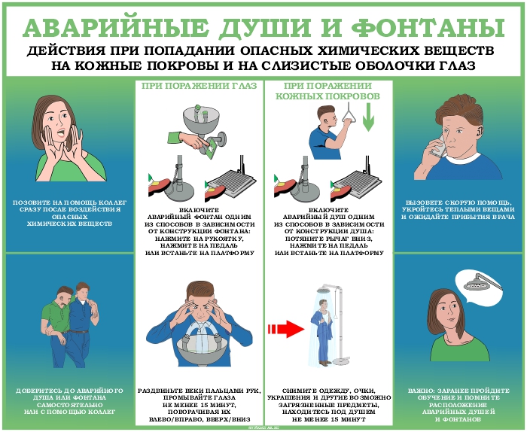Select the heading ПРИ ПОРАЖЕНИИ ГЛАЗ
click(200, 86)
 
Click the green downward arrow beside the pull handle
click(368, 117)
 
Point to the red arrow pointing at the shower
click(286, 329)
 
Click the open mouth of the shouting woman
click(61, 132)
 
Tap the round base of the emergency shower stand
click(342, 361)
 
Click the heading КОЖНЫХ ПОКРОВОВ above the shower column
click(327, 96)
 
